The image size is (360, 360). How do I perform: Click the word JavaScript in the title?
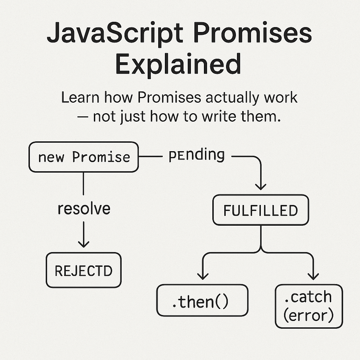(115, 34)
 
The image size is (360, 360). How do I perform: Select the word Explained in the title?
(178, 64)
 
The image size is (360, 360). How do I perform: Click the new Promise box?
(84, 157)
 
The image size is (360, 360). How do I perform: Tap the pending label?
(197, 155)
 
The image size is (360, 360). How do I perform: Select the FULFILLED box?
(261, 210)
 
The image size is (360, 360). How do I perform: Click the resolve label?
(84, 208)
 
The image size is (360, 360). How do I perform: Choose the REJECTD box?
(84, 270)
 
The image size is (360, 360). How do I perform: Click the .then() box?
(202, 300)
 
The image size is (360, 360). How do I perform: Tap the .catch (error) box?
(308, 306)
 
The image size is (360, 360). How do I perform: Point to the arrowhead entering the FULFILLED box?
(261, 185)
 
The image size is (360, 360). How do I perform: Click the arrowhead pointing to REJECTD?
(84, 243)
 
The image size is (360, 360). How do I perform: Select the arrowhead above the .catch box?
(313, 276)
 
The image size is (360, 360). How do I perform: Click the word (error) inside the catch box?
(308, 315)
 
